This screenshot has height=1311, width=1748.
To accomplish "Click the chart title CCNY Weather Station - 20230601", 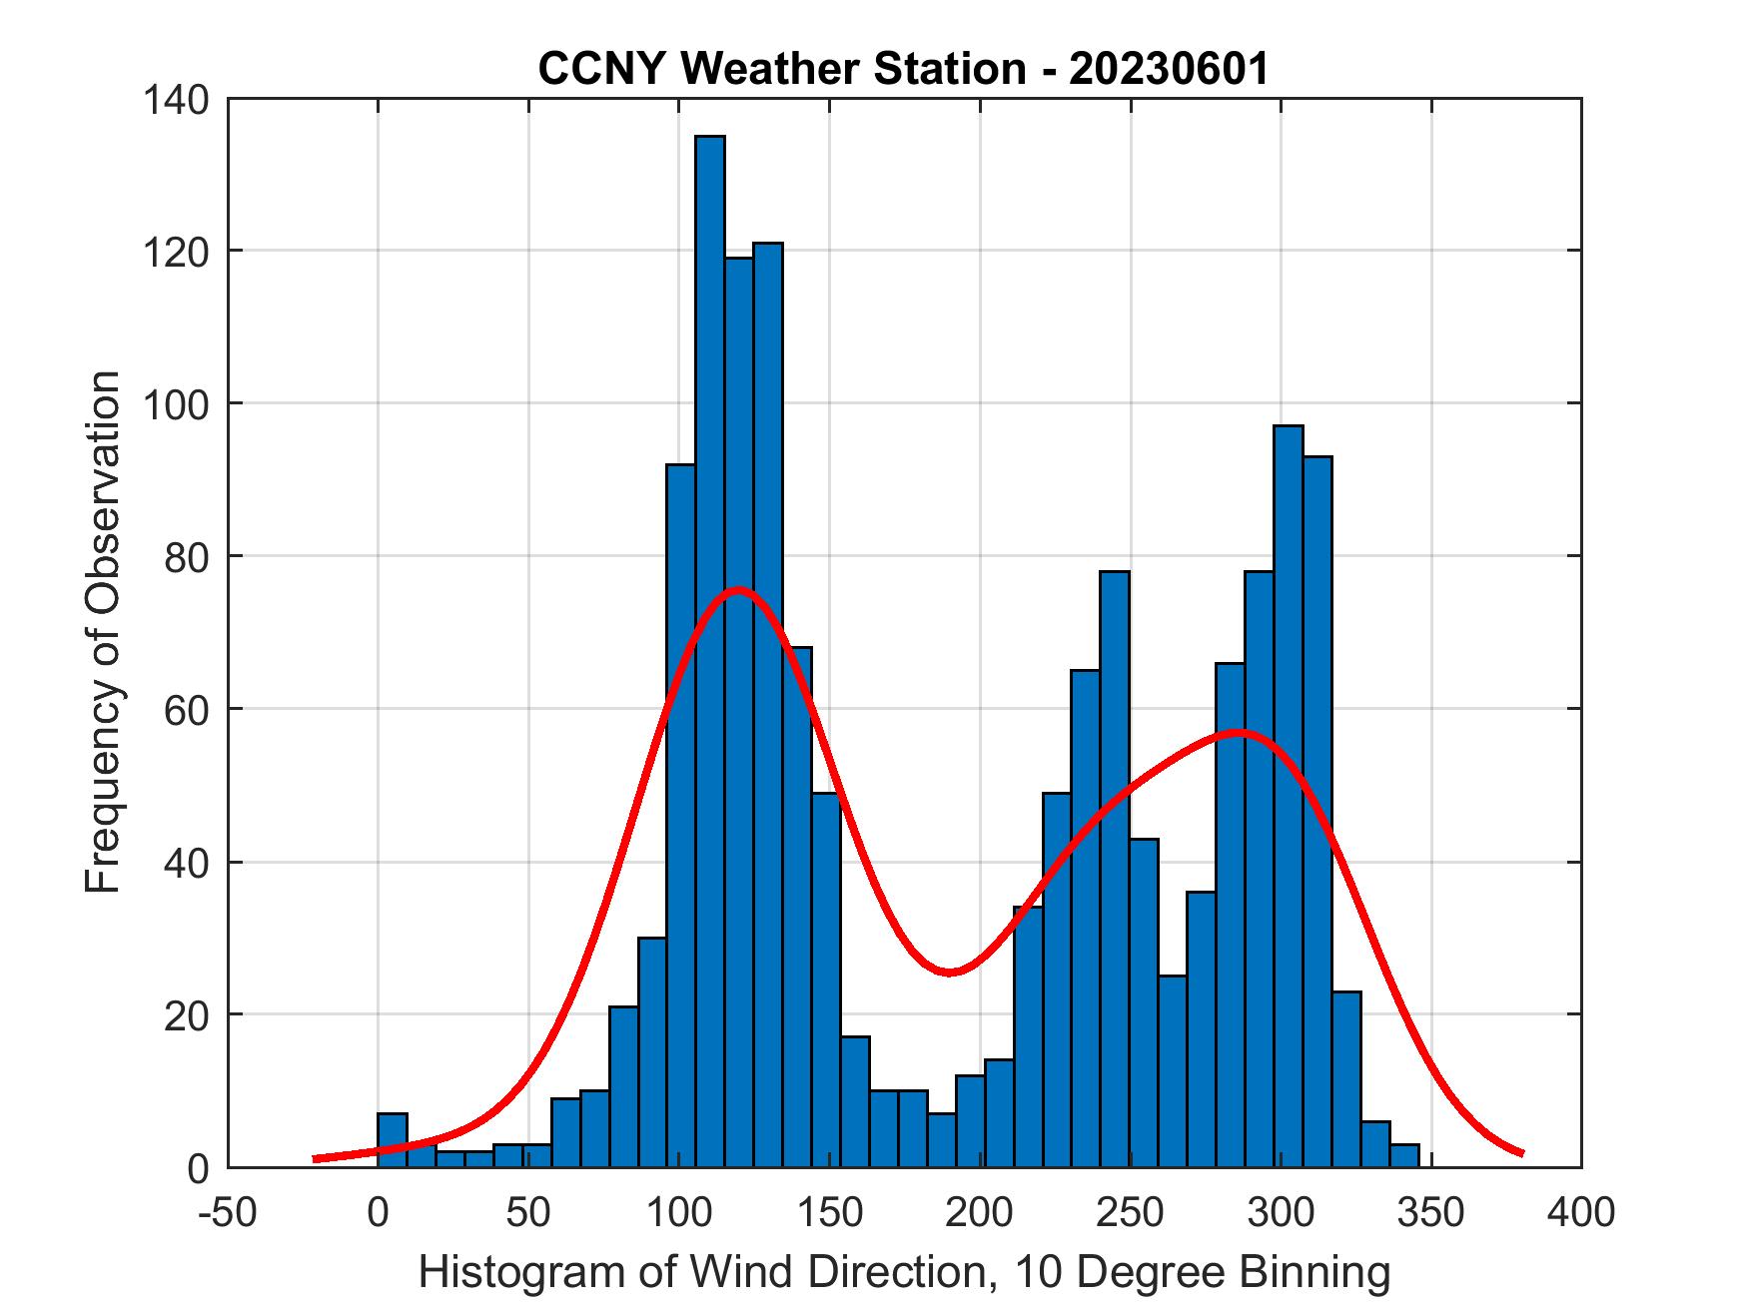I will (x=903, y=69).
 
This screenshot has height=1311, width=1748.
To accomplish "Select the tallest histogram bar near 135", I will (x=709, y=649).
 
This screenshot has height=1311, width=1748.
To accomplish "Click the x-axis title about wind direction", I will (x=903, y=1273).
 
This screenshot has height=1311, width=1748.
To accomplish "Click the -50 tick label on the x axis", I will (x=229, y=1213).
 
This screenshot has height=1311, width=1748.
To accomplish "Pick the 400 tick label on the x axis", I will (x=1581, y=1213).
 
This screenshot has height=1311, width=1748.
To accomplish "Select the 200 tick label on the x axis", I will (x=980, y=1213).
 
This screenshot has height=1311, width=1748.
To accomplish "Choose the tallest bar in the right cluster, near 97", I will (x=1288, y=799).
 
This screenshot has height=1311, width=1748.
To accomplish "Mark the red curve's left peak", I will (x=737, y=589).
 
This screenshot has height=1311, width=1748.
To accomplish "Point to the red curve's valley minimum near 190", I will (x=950, y=972).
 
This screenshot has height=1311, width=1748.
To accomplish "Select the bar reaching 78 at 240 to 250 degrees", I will (x=1114, y=869).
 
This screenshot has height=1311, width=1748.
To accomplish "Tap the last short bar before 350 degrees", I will (x=1404, y=1155).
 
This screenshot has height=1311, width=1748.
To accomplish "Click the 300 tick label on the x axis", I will (x=1281, y=1213).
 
